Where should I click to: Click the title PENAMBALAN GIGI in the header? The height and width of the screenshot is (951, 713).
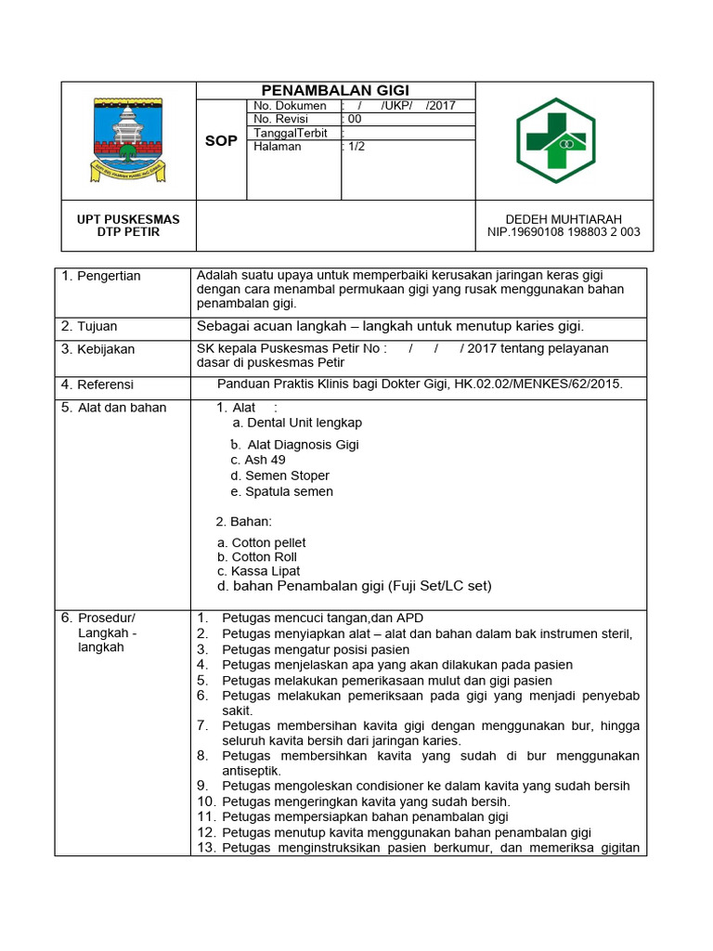click(335, 90)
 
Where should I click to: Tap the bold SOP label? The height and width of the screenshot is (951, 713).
click(221, 141)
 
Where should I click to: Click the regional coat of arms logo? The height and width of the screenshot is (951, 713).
click(128, 140)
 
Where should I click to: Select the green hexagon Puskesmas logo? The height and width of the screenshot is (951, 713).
click(564, 141)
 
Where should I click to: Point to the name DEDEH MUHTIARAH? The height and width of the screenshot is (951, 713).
click(564, 219)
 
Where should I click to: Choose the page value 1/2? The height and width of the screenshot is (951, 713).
click(356, 147)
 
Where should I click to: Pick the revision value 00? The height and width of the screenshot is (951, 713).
click(355, 119)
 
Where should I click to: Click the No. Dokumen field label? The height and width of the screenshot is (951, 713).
click(290, 106)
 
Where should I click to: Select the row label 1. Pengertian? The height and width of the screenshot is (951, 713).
click(101, 276)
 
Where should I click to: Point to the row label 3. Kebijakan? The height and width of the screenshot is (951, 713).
click(97, 349)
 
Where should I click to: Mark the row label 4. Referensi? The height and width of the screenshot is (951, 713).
click(97, 384)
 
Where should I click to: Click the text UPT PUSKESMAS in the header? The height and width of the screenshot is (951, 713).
click(128, 219)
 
